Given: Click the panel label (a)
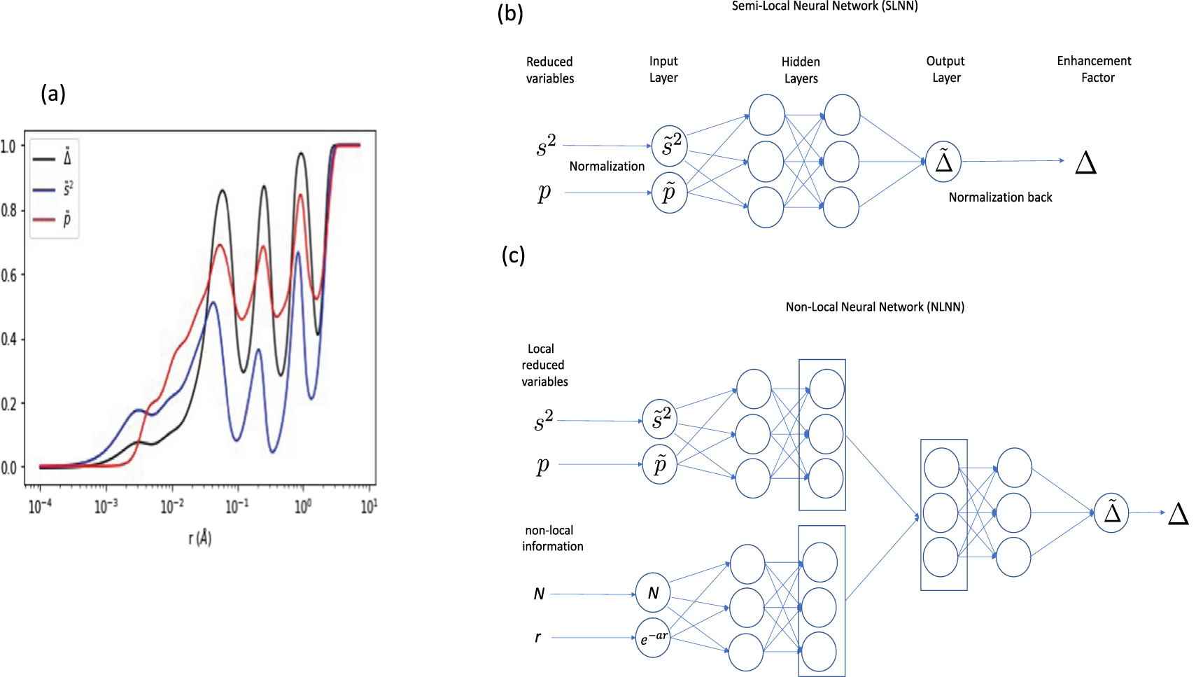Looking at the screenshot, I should [x=53, y=93].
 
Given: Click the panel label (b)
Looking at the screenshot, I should [x=510, y=13].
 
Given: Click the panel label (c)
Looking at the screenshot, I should [x=513, y=255].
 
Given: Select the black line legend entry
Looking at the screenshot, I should [x=52, y=158].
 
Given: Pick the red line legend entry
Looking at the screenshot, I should [x=52, y=220].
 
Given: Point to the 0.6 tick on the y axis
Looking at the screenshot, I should [x=9, y=275].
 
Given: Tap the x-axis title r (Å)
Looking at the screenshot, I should [x=199, y=538].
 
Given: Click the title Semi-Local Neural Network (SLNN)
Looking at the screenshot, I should [x=824, y=6].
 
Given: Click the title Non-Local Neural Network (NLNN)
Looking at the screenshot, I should [x=875, y=307].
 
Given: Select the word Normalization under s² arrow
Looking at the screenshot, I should [x=607, y=166].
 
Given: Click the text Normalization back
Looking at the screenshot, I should [x=1000, y=197].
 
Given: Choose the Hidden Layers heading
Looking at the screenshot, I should [x=801, y=70].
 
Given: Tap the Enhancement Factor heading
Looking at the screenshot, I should [x=1094, y=69].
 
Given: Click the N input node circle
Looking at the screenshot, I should [x=653, y=593].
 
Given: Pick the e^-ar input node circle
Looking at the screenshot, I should [x=653, y=638].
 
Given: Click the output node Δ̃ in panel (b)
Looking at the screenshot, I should [x=943, y=162].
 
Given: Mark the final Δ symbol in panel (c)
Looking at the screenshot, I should [x=1179, y=514].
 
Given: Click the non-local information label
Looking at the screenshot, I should [x=551, y=538].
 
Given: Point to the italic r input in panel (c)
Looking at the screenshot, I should [x=537, y=637].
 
